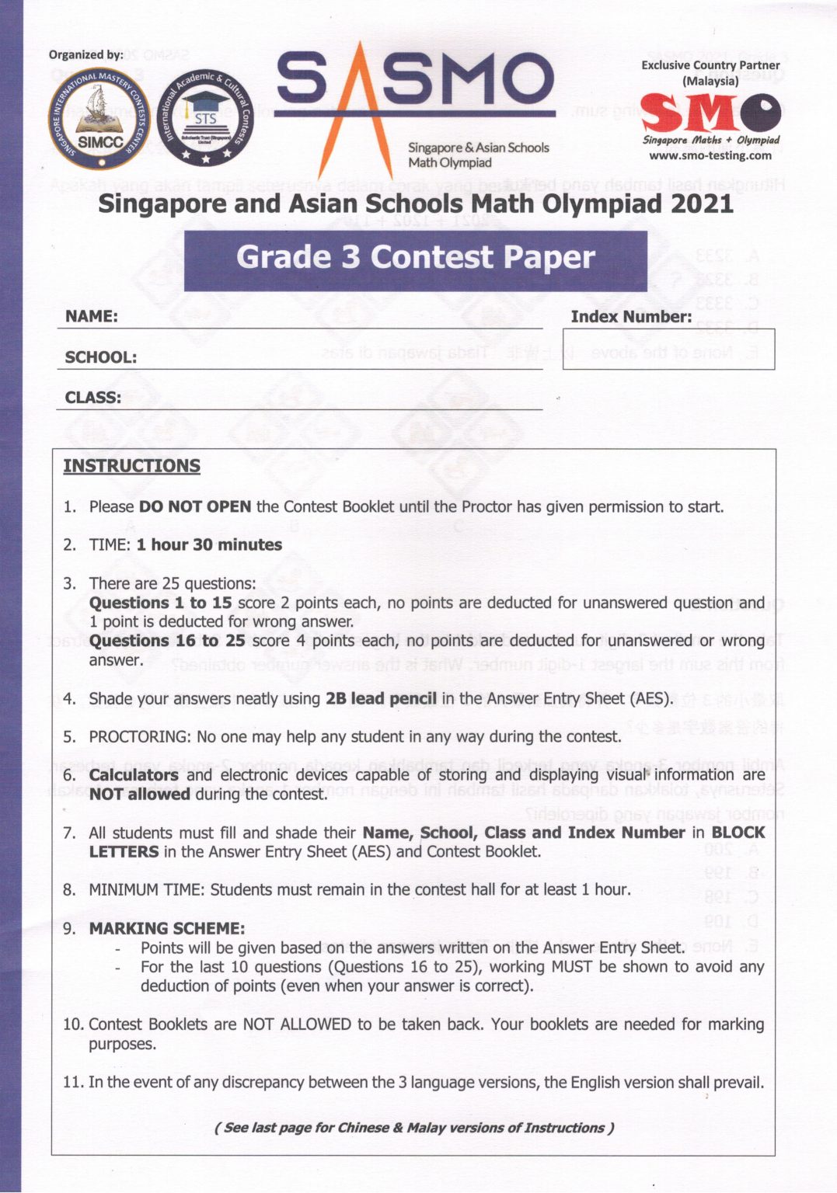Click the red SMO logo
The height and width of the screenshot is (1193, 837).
(x=710, y=112)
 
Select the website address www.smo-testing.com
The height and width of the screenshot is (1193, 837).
(x=710, y=155)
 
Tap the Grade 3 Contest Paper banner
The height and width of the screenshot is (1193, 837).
(x=415, y=259)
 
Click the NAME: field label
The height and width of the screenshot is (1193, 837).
(x=92, y=316)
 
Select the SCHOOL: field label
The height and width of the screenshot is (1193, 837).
(x=101, y=357)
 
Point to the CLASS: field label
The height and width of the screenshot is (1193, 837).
(x=93, y=398)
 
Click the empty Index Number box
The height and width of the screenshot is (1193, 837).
(x=668, y=349)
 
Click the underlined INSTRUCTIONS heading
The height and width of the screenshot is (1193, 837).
(x=131, y=466)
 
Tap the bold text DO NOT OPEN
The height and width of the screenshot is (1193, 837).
(x=194, y=507)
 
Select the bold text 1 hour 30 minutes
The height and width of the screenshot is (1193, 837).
(x=209, y=545)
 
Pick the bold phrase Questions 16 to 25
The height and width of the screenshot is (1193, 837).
(x=167, y=641)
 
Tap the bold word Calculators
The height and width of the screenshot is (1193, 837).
(x=134, y=775)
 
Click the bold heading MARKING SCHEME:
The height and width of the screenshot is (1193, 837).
(x=166, y=928)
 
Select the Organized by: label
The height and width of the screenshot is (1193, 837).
(x=85, y=54)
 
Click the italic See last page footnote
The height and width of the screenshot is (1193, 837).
(x=413, y=1128)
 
